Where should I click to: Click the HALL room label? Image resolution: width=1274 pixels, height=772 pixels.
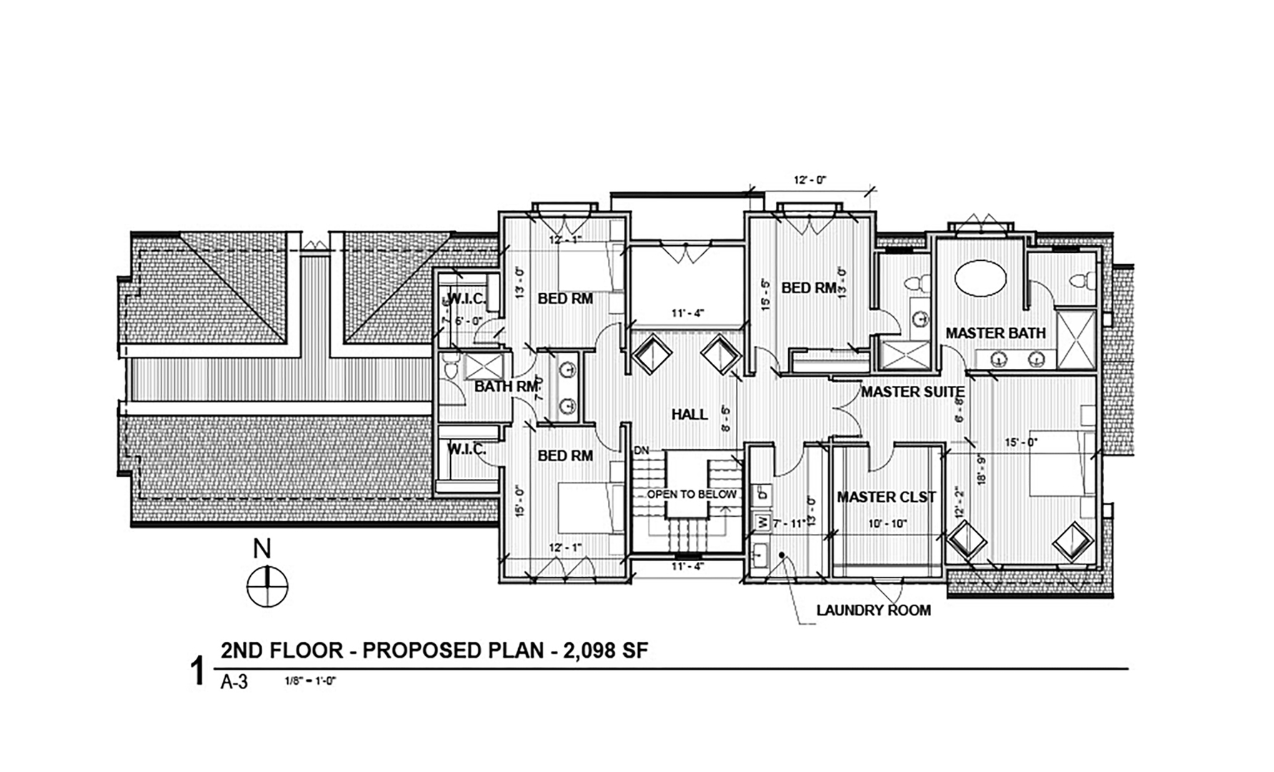[690, 415]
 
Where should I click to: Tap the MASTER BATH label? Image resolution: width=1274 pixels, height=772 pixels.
[995, 333]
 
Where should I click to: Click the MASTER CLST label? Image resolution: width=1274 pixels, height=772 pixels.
[886, 497]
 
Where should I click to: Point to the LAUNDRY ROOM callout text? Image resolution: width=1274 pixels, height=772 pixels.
[873, 610]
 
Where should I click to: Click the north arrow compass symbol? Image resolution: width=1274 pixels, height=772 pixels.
[267, 587]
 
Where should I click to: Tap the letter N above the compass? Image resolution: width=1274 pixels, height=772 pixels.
[262, 549]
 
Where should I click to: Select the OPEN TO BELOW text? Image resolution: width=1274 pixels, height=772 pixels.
[691, 495]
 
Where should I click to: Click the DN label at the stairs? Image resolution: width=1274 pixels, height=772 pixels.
[642, 451]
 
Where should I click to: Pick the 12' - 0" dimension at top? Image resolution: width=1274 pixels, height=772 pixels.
[810, 180]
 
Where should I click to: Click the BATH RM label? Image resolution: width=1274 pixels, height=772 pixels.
[506, 387]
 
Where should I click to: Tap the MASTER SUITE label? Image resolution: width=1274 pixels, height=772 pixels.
[912, 392]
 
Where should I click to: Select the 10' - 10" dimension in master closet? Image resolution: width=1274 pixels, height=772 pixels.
[887, 524]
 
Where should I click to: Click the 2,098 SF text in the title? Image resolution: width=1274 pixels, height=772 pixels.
[605, 650]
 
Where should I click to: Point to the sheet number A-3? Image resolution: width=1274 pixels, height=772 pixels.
[234, 682]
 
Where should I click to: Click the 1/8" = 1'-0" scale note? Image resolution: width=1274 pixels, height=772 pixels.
[310, 681]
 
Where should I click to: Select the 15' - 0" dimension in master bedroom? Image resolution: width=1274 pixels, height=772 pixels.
[1021, 443]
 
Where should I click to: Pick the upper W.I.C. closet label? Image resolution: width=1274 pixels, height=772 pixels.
[466, 298]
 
